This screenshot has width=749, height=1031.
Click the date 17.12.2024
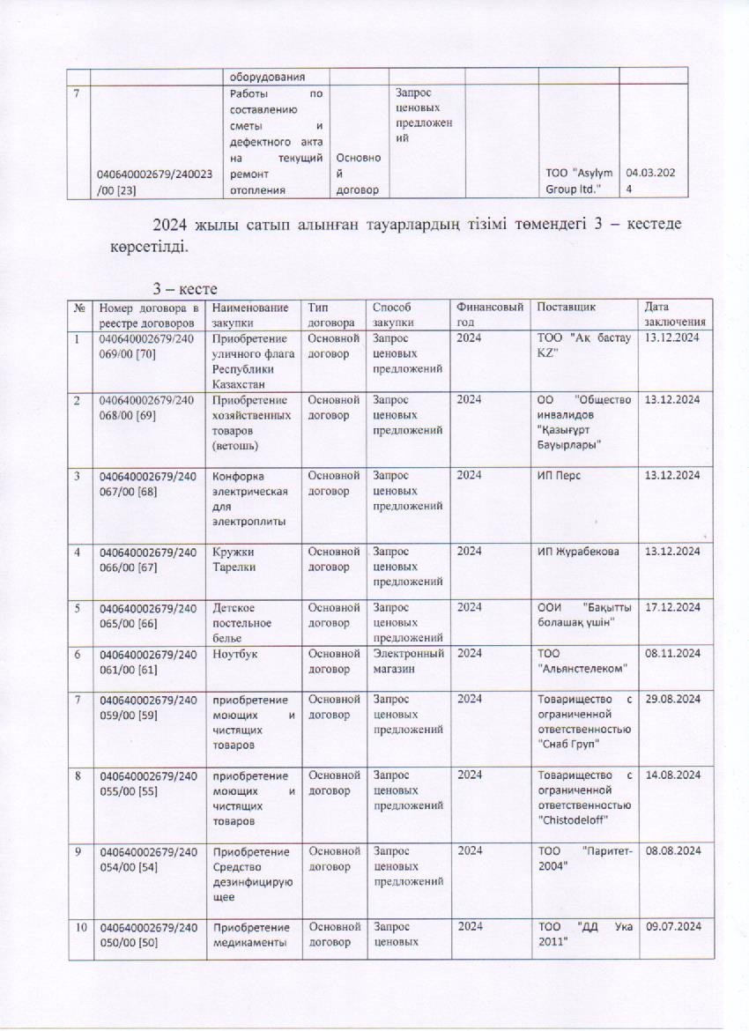672,608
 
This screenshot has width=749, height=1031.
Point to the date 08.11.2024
672,653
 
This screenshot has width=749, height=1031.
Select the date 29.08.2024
672,699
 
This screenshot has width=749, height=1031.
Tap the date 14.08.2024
672,775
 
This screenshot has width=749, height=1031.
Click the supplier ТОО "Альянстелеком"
582,660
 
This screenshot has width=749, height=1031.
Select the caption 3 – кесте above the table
180,288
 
